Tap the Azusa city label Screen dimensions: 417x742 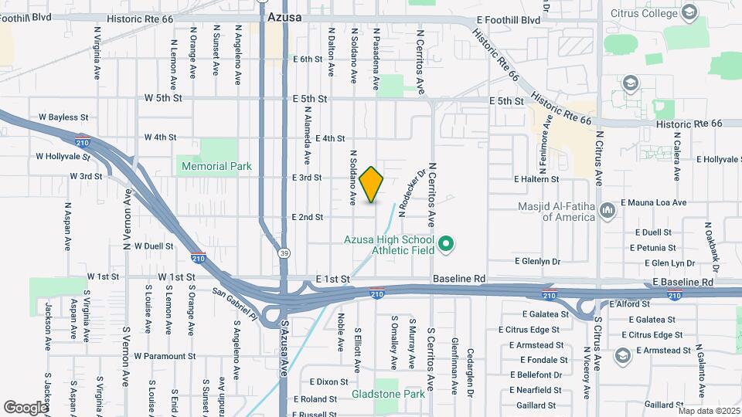(x=284, y=16)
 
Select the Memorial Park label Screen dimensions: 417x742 (x=217, y=166)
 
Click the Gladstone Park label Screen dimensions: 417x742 (x=388, y=394)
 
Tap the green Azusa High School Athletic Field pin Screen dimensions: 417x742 (x=445, y=246)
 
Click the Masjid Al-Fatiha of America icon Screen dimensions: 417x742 (x=607, y=210)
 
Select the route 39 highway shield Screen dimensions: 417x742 (x=284, y=253)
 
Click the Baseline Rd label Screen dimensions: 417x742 (x=458, y=278)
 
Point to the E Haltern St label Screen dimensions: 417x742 (x=536, y=179)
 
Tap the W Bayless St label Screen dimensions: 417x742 (x=63, y=117)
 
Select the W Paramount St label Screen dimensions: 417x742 (x=164, y=356)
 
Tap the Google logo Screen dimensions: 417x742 (x=26, y=407)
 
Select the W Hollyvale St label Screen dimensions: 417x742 (x=63, y=157)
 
